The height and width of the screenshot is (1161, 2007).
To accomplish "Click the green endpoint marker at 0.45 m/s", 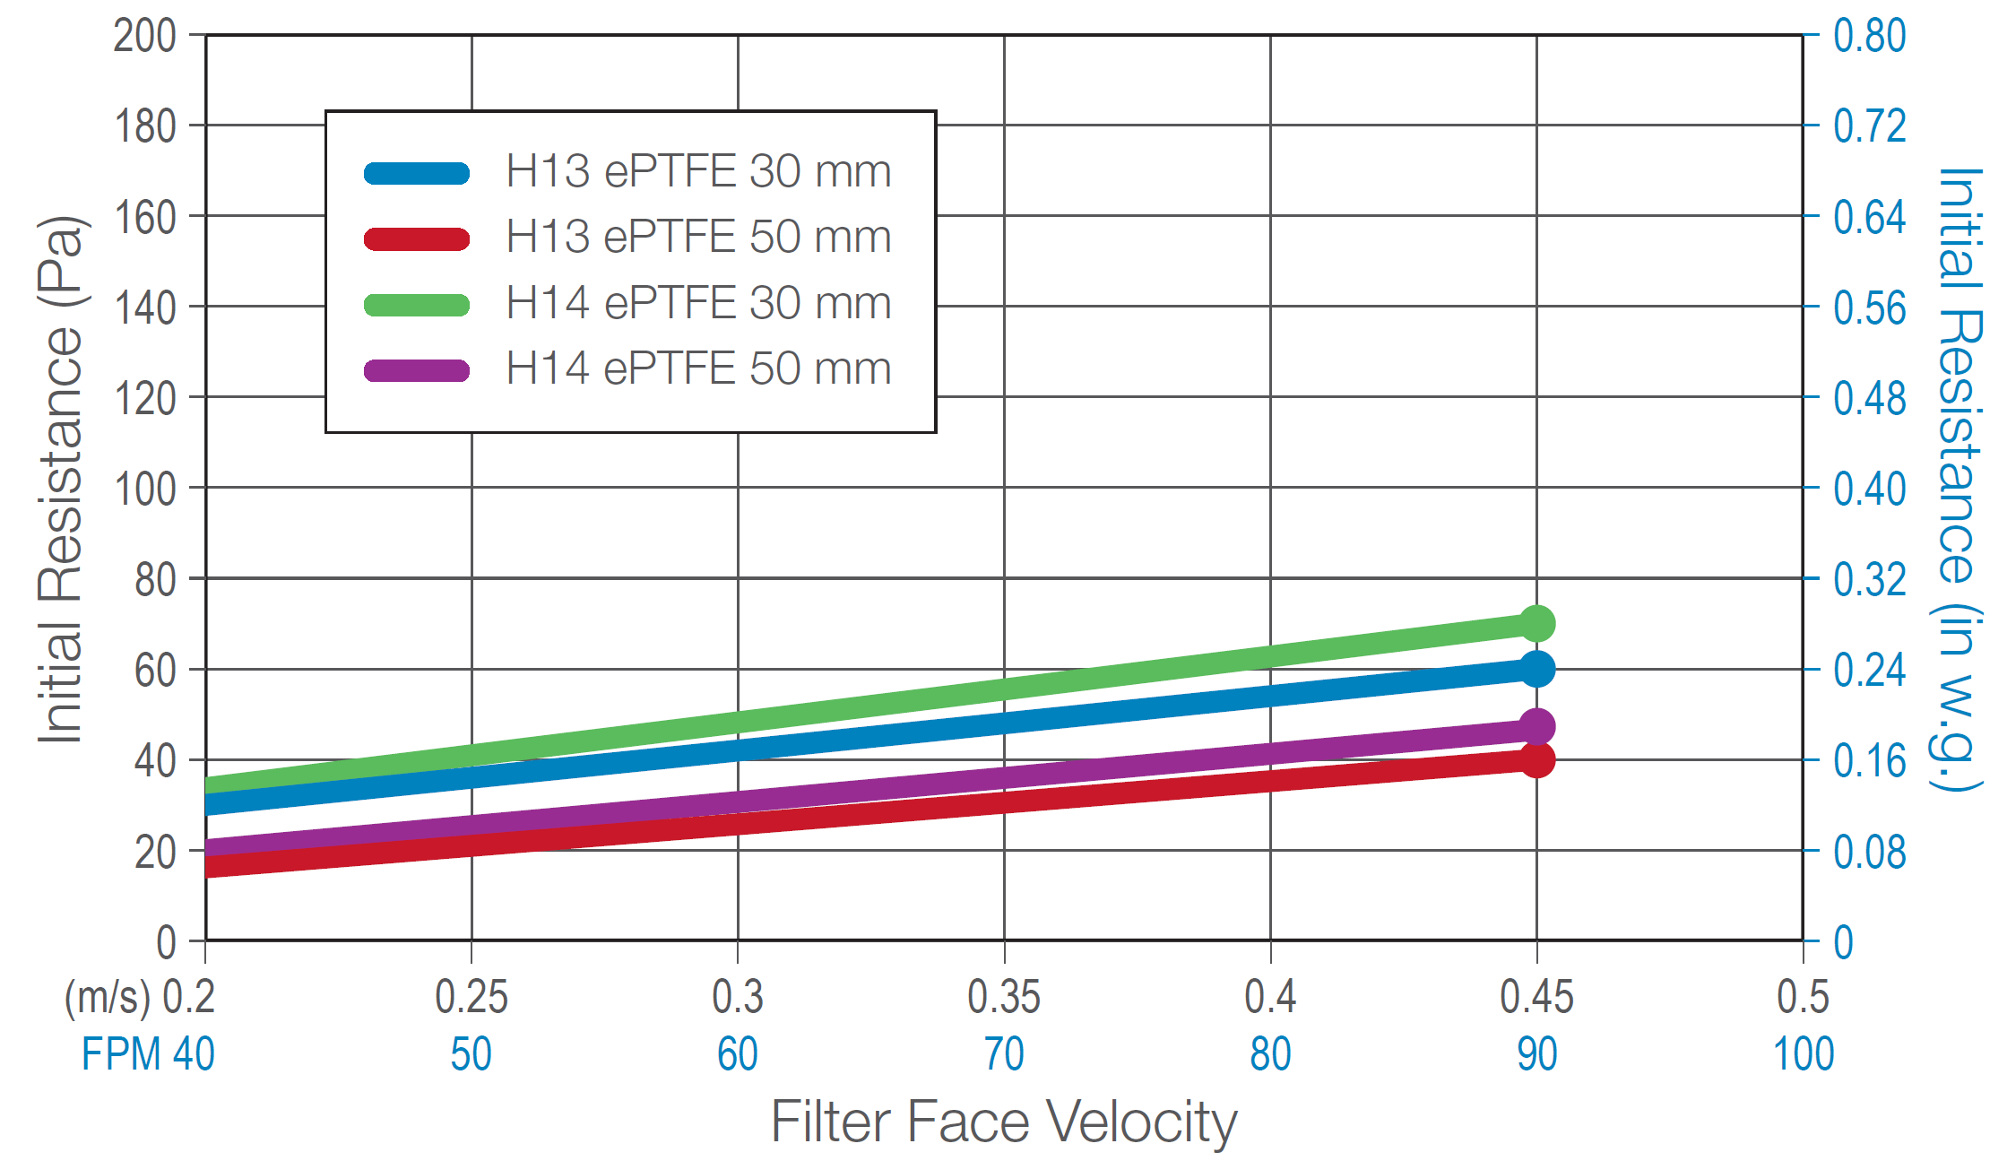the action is (1536, 623).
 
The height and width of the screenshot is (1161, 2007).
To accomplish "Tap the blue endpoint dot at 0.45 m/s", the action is (1536, 669).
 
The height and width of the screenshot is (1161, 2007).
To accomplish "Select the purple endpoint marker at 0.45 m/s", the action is (1536, 726).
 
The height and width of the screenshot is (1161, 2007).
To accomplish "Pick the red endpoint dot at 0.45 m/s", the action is (1536, 759).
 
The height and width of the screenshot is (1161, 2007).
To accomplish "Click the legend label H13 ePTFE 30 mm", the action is (698, 170).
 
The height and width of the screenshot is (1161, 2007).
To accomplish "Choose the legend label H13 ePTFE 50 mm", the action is (698, 237).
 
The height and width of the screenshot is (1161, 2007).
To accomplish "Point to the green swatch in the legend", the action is (417, 305).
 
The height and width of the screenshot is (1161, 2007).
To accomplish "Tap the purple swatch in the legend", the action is (417, 370).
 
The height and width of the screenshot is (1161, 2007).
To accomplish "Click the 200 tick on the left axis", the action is (144, 37).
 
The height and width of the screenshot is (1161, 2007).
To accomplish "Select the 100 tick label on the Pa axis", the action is (144, 490).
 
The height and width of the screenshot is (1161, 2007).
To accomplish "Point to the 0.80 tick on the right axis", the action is (1870, 37).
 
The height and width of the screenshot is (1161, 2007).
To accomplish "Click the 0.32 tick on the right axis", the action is (1870, 580).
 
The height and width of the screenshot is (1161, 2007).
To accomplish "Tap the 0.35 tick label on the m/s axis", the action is (1004, 997).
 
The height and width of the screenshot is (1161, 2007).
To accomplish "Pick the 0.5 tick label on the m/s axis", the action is (1804, 997).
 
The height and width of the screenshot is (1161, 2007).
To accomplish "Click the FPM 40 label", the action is (148, 1054).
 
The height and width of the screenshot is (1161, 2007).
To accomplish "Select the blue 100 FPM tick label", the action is (1804, 1054).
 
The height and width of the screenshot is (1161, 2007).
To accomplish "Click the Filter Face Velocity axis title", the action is (1004, 1122).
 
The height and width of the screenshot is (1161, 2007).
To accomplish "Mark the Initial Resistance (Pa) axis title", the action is (61, 480).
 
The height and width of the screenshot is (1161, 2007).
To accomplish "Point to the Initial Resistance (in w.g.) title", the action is (1959, 480).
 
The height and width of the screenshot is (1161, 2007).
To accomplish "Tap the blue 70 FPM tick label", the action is (1004, 1054).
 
